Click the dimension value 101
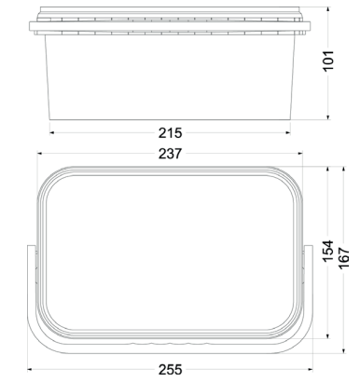coord(328,61)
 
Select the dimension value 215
coord(170,133)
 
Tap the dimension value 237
coord(170,154)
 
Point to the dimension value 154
coord(327,251)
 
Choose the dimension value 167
coord(343,258)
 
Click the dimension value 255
coord(171,370)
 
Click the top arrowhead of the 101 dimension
coord(328,9)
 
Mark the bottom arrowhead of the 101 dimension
coord(328,117)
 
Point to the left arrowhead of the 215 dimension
coord(52,133)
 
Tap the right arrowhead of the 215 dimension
coord(288,133)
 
